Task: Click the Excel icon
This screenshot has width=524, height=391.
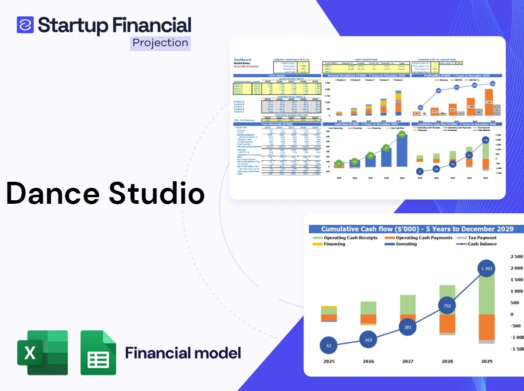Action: (42, 352)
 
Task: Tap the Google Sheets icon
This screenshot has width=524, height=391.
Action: (98, 352)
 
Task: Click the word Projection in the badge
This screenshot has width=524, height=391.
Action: (160, 43)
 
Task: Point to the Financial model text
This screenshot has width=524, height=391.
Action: (183, 352)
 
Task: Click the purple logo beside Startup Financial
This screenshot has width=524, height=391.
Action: (25, 25)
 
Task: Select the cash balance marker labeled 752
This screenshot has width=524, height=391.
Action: (447, 306)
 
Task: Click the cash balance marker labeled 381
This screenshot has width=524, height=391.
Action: (407, 327)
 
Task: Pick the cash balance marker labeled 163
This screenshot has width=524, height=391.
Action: (368, 339)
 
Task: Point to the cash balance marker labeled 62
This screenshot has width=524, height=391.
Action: (329, 345)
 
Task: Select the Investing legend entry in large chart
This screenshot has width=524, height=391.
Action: (406, 244)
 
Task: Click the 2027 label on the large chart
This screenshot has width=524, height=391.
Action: (407, 361)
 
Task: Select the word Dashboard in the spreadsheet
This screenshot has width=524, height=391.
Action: (242, 60)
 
